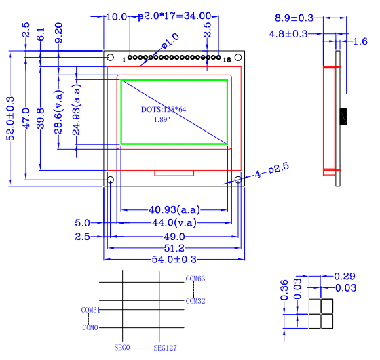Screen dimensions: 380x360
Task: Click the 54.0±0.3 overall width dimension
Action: tap(174, 259)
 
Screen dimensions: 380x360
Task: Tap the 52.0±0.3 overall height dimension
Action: tap(10, 119)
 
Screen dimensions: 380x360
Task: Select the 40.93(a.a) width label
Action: tap(174, 209)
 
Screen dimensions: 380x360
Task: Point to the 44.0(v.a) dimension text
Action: tap(174, 223)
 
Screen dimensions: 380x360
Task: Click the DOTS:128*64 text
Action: tap(164, 110)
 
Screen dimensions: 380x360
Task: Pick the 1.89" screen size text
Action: tap(162, 119)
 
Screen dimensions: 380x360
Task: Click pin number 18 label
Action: tap(227, 60)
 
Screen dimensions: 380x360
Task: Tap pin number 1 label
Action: tap(123, 60)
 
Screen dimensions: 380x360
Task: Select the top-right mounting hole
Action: tap(238, 58)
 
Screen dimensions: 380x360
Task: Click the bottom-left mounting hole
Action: tap(110, 180)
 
